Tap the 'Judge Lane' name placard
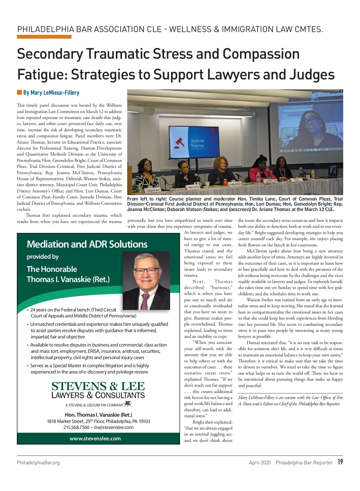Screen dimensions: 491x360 pos(153,190)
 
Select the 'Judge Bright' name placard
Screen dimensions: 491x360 pos(235,184)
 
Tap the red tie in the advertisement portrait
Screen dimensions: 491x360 pos(145,301)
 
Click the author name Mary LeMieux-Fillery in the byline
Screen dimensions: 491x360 pos(51,93)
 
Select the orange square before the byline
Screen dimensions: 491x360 pos(19,92)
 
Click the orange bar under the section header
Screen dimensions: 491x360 pos(44,37)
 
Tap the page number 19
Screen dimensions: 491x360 pos(340,462)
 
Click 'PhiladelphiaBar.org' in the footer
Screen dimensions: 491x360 pos(38,463)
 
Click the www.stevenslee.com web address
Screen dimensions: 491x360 pos(95,438)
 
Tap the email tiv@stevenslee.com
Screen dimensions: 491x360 pos(114,427)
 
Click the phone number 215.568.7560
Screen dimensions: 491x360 pos(76,427)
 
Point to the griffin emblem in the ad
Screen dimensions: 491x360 pos(128,404)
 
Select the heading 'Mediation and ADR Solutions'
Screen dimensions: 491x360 pos(87,244)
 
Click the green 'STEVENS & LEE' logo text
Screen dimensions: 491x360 pos(98,386)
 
